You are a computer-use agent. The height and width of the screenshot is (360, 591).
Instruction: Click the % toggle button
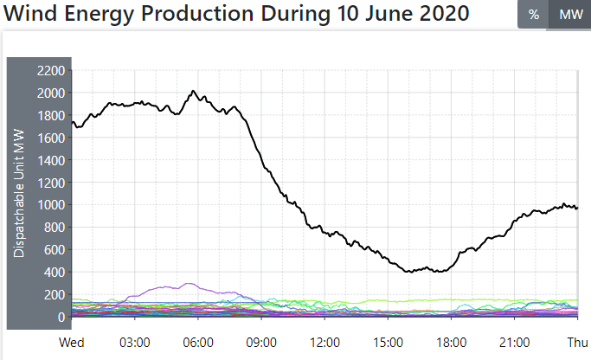click(533, 15)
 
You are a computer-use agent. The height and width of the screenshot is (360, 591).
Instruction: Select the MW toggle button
click(569, 15)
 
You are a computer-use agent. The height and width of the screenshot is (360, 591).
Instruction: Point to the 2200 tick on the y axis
click(50, 71)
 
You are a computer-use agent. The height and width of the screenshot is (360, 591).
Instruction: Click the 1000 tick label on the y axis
click(50, 205)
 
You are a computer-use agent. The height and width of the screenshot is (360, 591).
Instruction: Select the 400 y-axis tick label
click(54, 273)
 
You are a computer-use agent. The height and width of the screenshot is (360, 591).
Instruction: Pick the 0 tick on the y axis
click(61, 318)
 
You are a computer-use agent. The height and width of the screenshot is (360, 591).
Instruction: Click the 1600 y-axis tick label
click(50, 138)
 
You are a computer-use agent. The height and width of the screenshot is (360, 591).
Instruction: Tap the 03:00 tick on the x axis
click(135, 342)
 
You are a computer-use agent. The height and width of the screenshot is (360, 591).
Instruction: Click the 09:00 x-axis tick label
click(261, 342)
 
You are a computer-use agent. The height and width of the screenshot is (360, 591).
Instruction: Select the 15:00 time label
click(388, 342)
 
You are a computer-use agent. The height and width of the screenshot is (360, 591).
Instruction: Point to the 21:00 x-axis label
click(514, 342)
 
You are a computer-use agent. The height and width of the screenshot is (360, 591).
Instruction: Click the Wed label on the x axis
click(72, 342)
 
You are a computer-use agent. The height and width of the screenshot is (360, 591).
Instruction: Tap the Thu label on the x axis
click(577, 342)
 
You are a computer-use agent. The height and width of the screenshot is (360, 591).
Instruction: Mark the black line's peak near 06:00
click(193, 91)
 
